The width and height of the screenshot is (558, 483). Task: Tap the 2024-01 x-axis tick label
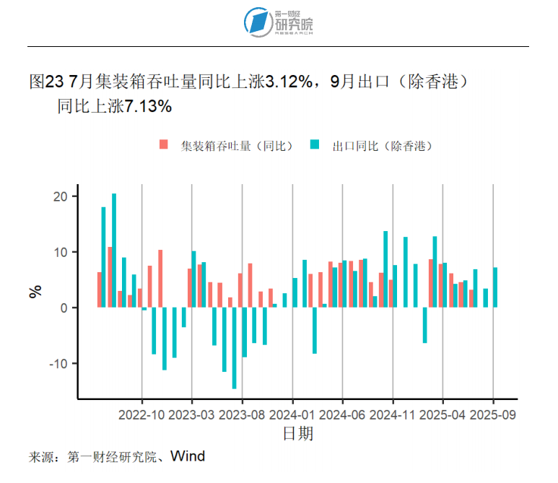(293, 415)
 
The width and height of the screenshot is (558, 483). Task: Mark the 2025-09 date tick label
(494, 415)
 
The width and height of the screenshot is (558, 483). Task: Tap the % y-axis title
(35, 291)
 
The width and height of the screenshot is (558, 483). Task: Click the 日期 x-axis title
(297, 434)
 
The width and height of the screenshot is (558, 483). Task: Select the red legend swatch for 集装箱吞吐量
(164, 145)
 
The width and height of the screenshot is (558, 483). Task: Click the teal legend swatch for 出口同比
(315, 145)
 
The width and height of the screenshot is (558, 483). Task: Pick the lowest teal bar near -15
(235, 348)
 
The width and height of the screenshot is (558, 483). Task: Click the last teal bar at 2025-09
(495, 287)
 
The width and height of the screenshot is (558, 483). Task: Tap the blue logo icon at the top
(256, 22)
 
